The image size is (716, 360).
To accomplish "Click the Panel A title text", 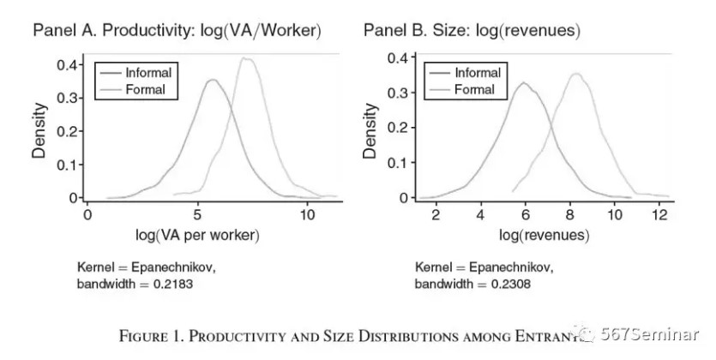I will pos(177,31).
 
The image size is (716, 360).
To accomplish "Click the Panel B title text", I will pos(472,31).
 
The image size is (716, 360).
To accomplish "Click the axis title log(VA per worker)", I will pos(197,234).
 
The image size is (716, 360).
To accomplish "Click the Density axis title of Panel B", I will pos(370,130).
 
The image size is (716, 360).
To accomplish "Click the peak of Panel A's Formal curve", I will pos(246,58).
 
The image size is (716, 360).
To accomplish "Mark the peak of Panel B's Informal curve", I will pos(523,82).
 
